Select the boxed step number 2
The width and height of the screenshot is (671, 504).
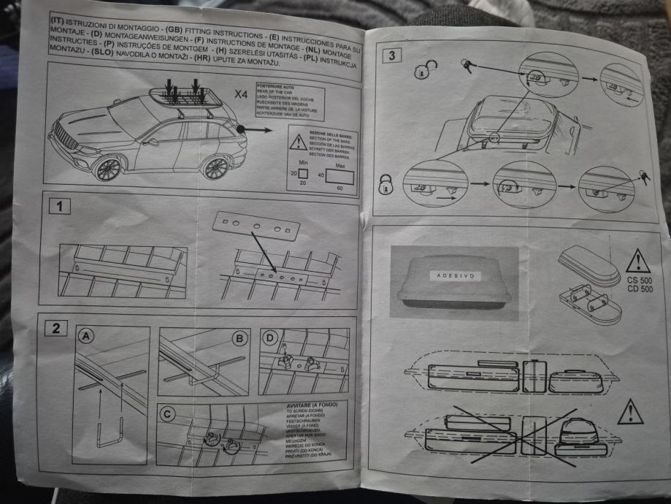coord(55,327)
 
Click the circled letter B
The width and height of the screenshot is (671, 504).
coord(238,337)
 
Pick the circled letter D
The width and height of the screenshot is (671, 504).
coord(270,338)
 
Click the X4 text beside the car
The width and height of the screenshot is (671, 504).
coord(241,95)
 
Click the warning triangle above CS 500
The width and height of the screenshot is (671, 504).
coord(637,261)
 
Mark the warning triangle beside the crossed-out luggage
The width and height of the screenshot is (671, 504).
coord(629,413)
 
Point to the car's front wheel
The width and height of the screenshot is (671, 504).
coord(108,169)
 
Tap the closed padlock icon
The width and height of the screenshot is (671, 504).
coord(385,184)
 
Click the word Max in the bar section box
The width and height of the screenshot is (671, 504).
coord(340,165)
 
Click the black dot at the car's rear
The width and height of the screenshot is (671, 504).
coord(239,129)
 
